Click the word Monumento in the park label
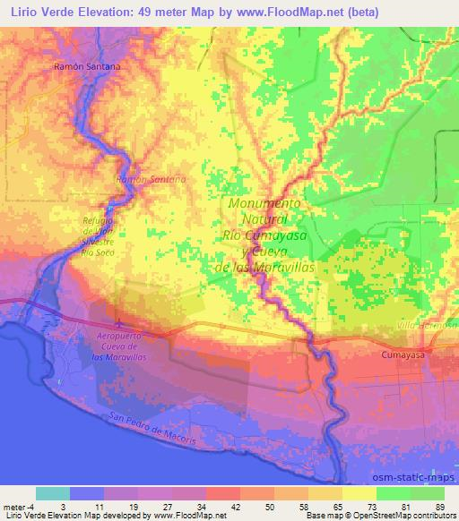[x=264, y=203]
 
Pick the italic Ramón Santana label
[x=151, y=180]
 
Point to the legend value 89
[x=439, y=507]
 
